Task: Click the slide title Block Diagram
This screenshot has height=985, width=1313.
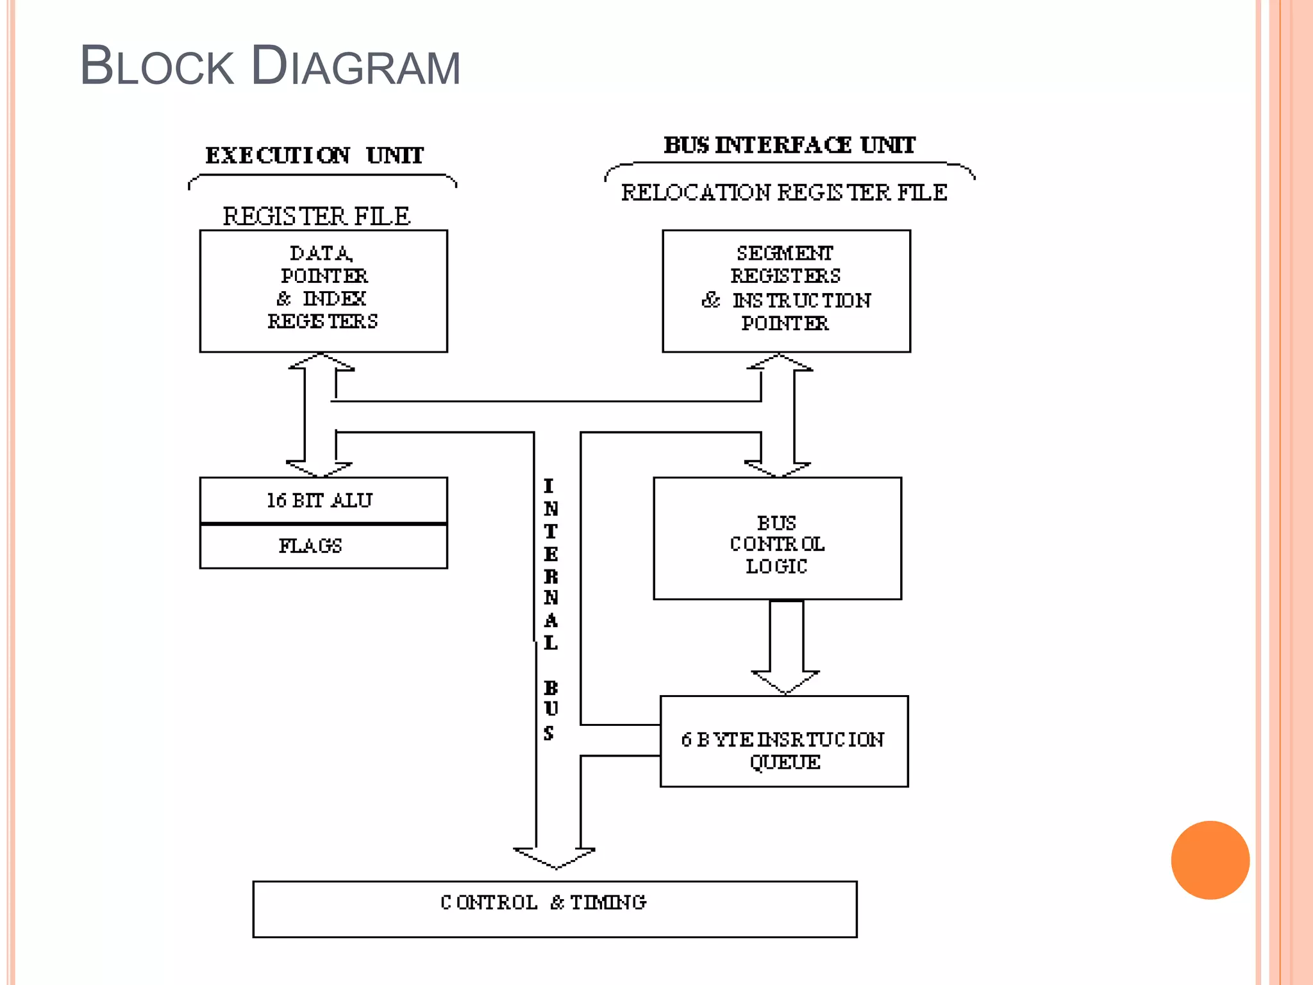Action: click(x=270, y=66)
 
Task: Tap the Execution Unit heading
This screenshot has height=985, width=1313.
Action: click(x=314, y=155)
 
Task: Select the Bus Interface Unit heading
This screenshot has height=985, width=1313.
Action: click(x=789, y=145)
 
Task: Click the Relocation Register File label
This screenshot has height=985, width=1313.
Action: click(x=784, y=192)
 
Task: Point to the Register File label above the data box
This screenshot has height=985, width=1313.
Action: click(x=316, y=216)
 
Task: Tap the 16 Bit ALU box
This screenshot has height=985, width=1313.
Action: click(x=323, y=500)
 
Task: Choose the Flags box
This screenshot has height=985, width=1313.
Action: click(x=323, y=546)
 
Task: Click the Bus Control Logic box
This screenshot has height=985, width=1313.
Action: click(x=777, y=539)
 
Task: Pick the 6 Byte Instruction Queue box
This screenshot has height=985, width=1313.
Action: click(x=784, y=741)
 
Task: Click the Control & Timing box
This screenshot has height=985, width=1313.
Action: click(x=555, y=909)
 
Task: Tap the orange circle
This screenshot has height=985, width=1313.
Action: click(x=1210, y=859)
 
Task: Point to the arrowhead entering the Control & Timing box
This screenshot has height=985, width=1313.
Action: click(x=555, y=858)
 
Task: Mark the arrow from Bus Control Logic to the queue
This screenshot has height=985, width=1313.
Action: click(x=786, y=648)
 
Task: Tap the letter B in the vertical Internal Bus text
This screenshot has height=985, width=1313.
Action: click(x=551, y=688)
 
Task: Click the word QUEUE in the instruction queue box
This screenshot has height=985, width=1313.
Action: click(x=785, y=762)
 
